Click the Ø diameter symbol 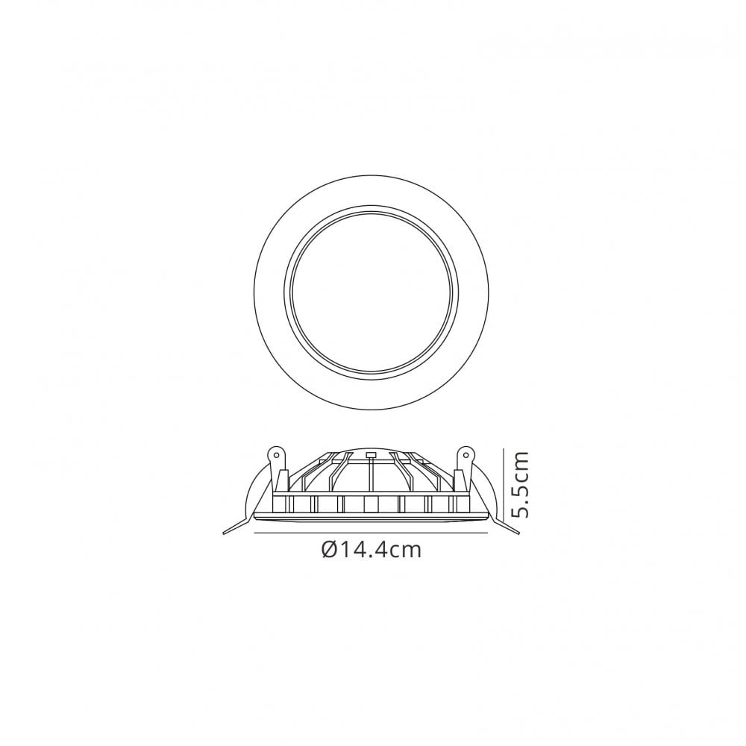point(330,551)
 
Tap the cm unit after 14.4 point(407,551)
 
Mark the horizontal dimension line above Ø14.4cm point(373,534)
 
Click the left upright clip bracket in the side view point(281,477)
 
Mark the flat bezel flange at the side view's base point(372,516)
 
